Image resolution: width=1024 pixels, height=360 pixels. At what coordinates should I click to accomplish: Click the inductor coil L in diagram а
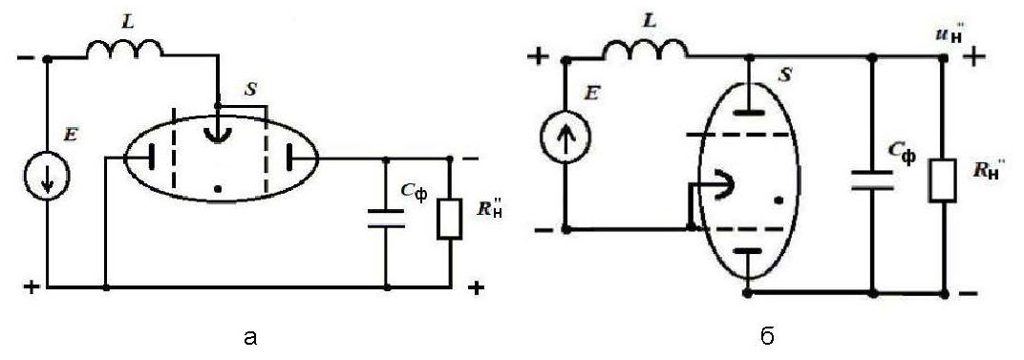(124, 50)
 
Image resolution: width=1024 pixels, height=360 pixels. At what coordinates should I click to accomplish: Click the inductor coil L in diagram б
(645, 50)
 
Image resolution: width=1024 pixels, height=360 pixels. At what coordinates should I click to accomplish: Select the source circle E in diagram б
(565, 138)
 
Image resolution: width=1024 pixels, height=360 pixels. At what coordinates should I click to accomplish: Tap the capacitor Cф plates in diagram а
(387, 219)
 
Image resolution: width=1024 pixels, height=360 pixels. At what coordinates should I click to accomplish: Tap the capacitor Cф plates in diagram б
(872, 180)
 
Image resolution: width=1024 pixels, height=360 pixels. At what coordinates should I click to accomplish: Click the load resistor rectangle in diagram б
(943, 179)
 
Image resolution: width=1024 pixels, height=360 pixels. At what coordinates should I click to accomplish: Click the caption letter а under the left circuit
(249, 337)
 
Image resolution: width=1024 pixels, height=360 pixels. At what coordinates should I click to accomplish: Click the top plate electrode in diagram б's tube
(749, 112)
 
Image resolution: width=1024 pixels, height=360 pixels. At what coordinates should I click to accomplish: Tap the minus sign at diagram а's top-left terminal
(26, 58)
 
